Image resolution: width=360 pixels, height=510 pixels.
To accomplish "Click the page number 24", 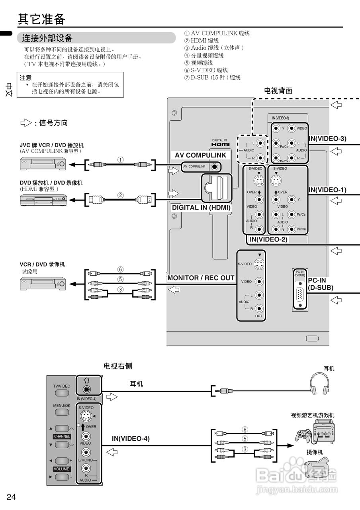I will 11,496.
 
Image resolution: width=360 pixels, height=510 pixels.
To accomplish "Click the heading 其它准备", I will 41,19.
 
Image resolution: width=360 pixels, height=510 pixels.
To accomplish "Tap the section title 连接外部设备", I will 47,38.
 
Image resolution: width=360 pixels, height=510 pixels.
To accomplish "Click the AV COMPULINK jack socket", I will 215,166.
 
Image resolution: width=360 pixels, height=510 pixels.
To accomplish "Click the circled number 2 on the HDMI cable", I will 120,195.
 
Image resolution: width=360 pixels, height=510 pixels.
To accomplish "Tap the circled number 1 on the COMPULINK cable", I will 120,159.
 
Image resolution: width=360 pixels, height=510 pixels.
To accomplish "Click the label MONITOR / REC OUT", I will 201,278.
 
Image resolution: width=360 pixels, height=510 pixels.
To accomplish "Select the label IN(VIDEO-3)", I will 327,139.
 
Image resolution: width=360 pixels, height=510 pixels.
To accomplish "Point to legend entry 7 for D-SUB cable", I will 212,77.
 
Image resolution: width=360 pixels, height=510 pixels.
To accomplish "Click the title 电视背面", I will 278,90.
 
